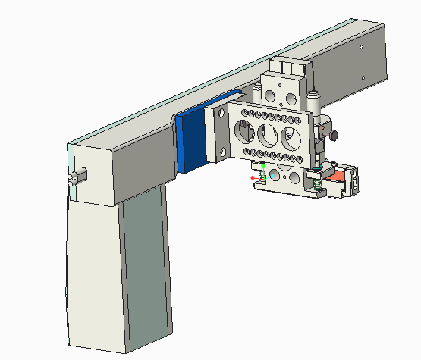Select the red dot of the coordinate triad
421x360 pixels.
(x=253, y=178)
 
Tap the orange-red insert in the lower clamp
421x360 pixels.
(x=340, y=178)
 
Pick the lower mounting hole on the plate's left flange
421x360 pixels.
(x=223, y=152)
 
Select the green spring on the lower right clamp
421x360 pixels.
(x=317, y=182)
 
